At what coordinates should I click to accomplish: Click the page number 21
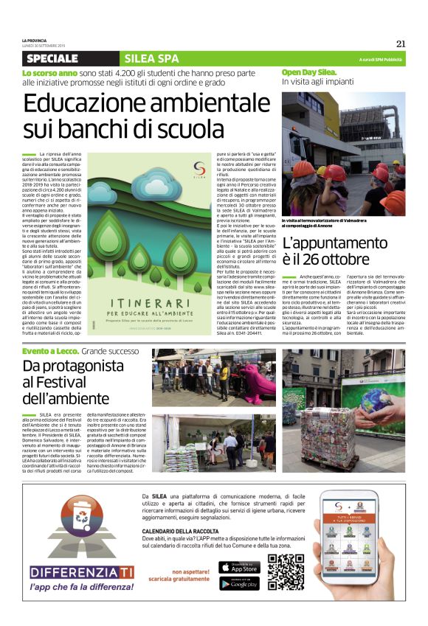click(x=400, y=43)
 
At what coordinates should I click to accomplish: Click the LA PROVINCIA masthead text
click(x=35, y=40)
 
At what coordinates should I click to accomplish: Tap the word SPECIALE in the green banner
click(x=52, y=58)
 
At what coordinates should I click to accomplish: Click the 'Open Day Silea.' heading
click(x=308, y=72)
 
